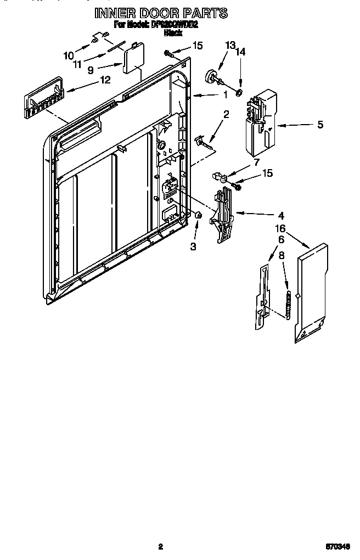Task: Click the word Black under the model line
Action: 173,33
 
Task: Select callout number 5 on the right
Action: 320,125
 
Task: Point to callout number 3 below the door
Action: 193,247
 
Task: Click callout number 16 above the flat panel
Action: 280,228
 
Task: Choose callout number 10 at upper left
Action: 69,55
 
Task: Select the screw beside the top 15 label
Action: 167,53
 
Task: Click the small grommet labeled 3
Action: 199,217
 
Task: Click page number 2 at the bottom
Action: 160,546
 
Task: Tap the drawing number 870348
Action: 337,547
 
